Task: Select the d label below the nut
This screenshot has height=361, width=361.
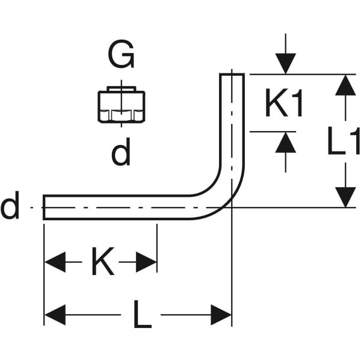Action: pos(121,154)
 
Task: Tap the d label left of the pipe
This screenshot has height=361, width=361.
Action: pos(10,208)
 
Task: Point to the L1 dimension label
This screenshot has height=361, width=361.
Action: pos(344,141)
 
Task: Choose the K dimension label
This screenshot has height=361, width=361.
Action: pos(102,262)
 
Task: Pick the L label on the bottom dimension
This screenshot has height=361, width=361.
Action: pos(142,315)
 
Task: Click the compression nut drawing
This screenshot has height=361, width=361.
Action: pos(121,106)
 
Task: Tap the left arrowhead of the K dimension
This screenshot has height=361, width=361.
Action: pos(55,262)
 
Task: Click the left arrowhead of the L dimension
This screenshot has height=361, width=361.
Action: pos(55,315)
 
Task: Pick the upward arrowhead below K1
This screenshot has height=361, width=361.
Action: pos(286,143)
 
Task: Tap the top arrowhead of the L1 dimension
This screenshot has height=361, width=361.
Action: pos(345,85)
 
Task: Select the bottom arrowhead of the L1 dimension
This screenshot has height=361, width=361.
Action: pos(345,197)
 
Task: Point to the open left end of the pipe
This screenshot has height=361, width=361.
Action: pos(45,208)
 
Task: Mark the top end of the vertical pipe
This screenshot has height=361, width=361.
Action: pos(232,75)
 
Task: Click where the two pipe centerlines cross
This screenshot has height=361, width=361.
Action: pos(232,208)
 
